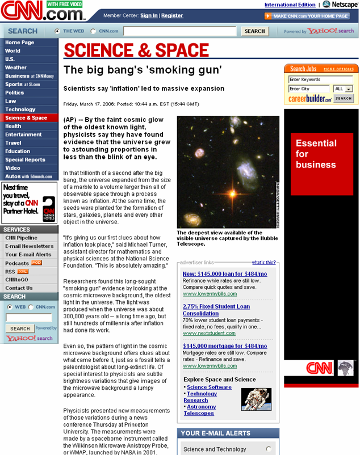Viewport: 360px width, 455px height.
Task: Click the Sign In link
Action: pos(149,15)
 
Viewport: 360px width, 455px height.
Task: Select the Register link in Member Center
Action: pos(172,15)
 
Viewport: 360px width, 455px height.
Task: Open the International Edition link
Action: pos(290,5)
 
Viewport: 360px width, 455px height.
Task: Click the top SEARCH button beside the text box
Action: pos(254,31)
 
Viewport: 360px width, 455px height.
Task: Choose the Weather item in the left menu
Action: pos(16,68)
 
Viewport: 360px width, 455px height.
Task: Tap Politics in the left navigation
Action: pos(15,92)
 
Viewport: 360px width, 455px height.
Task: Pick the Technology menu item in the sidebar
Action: pos(20,109)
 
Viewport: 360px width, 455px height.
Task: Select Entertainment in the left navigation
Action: pos(24,134)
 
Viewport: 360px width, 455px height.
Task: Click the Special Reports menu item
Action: pos(25,160)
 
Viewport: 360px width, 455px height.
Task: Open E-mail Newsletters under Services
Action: pos(30,246)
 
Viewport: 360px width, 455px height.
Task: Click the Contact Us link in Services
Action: pos(19,288)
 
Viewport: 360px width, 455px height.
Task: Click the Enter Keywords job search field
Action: pos(320,79)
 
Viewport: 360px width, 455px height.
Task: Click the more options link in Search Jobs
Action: pos(338,69)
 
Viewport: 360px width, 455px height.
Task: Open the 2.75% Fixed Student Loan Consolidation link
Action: pos(216,310)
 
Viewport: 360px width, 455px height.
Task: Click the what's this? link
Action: pos(263,263)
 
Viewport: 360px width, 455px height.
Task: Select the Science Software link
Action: pos(209,387)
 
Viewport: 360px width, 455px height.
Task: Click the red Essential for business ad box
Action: pos(321,165)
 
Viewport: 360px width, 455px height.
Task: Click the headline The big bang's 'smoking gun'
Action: pos(142,70)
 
